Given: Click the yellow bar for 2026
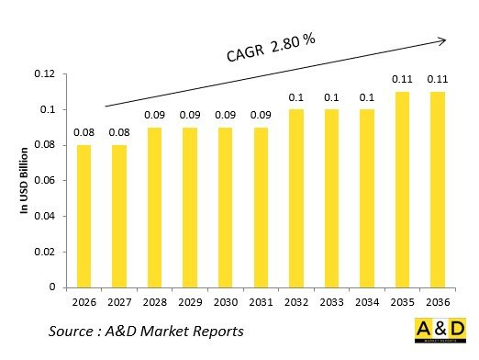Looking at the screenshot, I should point(84,216).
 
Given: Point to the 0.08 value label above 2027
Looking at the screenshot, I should point(119,133).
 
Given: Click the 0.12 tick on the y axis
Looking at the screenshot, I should point(45,74).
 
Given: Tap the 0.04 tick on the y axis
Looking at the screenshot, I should point(45,216).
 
